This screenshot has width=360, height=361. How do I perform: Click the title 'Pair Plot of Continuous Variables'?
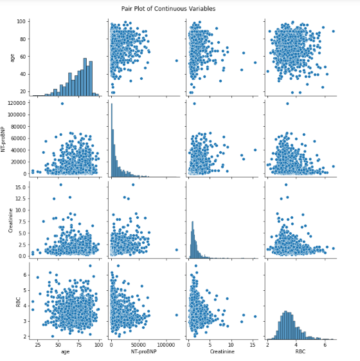(x=177, y=9)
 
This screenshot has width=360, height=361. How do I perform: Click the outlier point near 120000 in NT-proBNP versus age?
(x=62, y=104)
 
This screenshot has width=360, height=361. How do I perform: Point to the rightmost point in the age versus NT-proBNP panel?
(x=177, y=60)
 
